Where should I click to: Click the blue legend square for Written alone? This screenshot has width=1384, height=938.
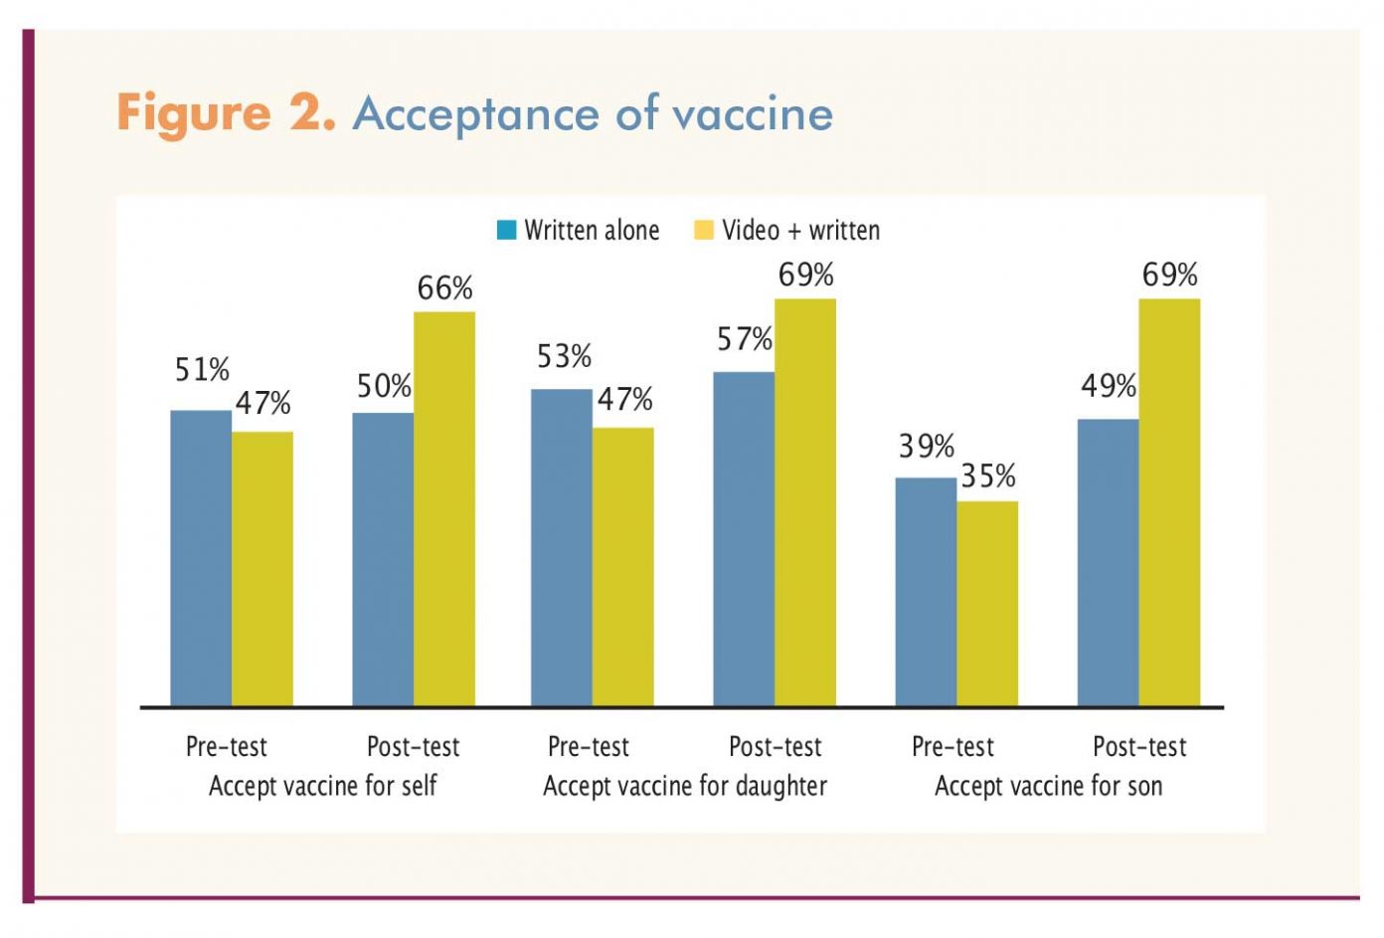506,231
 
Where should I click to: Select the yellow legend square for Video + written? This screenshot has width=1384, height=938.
704,231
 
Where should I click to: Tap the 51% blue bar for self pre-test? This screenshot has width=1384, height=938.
201,557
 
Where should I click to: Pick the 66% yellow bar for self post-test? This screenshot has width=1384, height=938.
444,508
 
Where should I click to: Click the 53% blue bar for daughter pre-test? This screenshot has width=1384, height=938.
562,547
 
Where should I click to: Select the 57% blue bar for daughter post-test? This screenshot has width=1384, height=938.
744,538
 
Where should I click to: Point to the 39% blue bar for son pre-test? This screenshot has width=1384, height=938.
926,592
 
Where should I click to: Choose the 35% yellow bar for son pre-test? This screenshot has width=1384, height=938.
987,603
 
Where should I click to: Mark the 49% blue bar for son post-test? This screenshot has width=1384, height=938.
1108,562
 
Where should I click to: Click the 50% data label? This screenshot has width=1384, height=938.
384,386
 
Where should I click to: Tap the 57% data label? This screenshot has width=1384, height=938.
745,339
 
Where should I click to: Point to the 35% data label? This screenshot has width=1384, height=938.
987,476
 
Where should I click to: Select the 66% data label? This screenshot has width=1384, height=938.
444,288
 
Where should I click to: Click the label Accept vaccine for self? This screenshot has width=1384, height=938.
323,786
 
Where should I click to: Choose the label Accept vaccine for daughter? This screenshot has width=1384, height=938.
685,786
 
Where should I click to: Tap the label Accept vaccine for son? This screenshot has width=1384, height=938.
1048,786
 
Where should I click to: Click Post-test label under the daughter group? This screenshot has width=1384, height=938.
776,746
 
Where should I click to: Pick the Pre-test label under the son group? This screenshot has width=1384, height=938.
952,746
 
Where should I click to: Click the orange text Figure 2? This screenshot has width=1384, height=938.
226,112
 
